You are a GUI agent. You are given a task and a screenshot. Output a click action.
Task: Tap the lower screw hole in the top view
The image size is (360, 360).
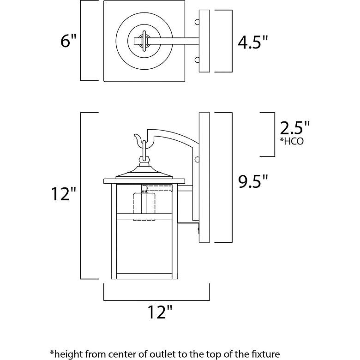pos(197,59)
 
